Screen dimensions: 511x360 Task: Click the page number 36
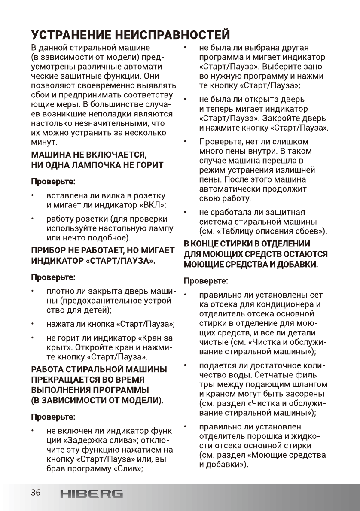pyautogui.click(x=35, y=493)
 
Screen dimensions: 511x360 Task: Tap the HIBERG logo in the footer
pyautogui.click(x=91, y=494)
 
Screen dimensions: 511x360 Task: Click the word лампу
pyautogui.click(x=160, y=228)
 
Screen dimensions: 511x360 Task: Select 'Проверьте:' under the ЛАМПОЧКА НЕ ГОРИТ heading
pyautogui.click(x=52, y=180)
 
